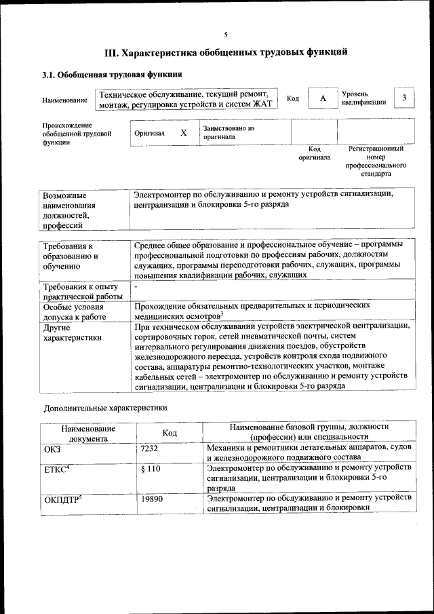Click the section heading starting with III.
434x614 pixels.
pyautogui.click(x=226, y=52)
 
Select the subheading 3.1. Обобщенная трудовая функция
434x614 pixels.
pyautogui.click(x=112, y=75)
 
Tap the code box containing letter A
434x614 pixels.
pyautogui.click(x=323, y=99)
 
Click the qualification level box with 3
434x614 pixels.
pyautogui.click(x=403, y=98)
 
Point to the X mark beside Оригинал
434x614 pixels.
pyautogui.click(x=183, y=133)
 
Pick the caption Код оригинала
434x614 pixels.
pyautogui.click(x=314, y=153)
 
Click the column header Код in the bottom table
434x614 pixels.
pyautogui.click(x=170, y=433)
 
